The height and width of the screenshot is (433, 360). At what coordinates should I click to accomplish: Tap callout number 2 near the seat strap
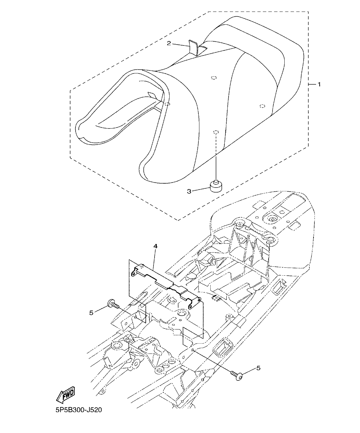169,43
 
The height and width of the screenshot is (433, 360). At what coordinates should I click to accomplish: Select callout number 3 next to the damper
189,191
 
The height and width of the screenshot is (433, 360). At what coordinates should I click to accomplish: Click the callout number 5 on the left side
91,312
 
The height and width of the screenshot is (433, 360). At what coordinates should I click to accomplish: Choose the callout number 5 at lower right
258,368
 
